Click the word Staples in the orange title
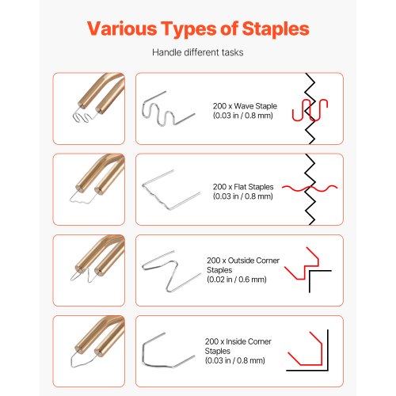point(276,29)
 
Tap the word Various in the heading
point(122,29)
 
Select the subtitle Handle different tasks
point(198,52)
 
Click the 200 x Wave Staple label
point(245,106)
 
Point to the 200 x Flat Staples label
point(243,187)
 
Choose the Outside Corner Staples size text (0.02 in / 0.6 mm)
point(237,280)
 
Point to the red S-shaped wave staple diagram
point(310,109)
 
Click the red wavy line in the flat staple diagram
point(310,188)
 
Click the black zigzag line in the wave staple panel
point(310,109)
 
